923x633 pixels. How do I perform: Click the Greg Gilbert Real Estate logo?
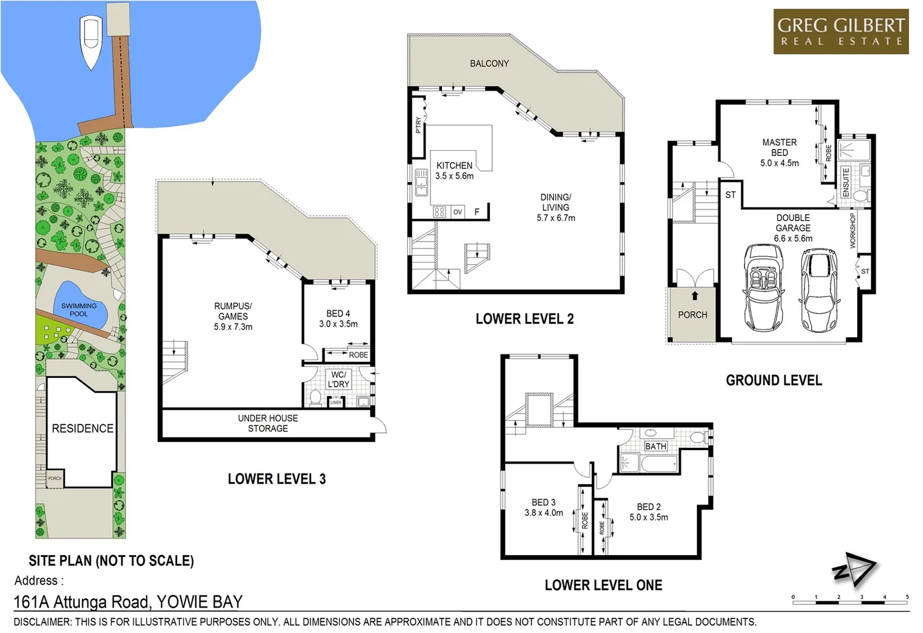pyautogui.click(x=840, y=32)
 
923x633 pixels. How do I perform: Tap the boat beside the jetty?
pyautogui.click(x=90, y=43)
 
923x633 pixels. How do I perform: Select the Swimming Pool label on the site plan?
pyautogui.click(x=79, y=309)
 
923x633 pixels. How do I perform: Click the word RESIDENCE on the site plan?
pyautogui.click(x=83, y=428)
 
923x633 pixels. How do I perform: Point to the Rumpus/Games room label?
pyautogui.click(x=233, y=316)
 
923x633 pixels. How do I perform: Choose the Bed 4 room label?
pyautogui.click(x=338, y=319)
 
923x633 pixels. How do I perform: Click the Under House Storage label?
pyautogui.click(x=268, y=423)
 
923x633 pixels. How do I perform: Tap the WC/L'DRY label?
pyautogui.click(x=338, y=379)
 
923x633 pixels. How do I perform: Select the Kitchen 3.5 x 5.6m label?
pyautogui.click(x=454, y=171)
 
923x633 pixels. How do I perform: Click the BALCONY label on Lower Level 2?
pyautogui.click(x=489, y=63)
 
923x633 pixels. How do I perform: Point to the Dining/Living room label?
pyautogui.click(x=556, y=207)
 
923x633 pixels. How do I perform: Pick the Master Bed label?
pyautogui.click(x=779, y=152)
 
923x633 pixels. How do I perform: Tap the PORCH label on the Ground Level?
pyautogui.click(x=692, y=315)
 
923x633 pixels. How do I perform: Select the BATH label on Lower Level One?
pyautogui.click(x=655, y=447)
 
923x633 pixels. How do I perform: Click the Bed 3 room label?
pyautogui.click(x=544, y=508)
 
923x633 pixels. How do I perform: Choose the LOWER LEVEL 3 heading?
pyautogui.click(x=277, y=479)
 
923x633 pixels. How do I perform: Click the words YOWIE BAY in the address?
pyautogui.click(x=200, y=602)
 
